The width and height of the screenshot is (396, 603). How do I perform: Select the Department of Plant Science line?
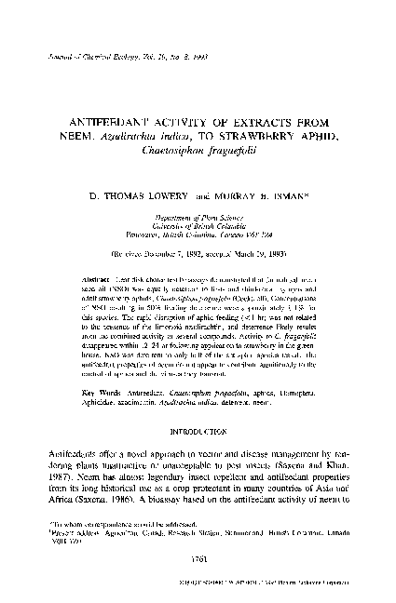(198, 214)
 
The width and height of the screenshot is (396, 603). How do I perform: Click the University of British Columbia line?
(198, 222)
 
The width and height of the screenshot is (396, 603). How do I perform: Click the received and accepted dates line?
(198, 251)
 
